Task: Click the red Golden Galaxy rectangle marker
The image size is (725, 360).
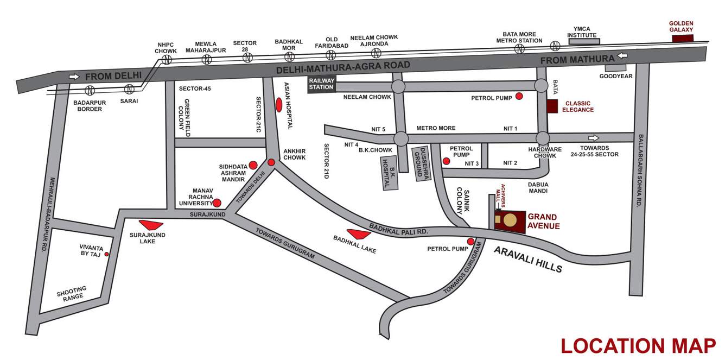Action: point(682,38)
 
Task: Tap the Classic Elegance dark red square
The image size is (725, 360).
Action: point(552,106)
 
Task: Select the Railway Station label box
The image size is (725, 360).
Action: point(322,84)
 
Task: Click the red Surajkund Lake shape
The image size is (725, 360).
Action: point(151,225)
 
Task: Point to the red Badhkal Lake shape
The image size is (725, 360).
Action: point(359,233)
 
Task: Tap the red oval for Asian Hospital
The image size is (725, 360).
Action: point(279,104)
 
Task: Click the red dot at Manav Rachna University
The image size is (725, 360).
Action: point(217,203)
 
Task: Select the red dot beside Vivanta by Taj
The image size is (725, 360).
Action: point(107,254)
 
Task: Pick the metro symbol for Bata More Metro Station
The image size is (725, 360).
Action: point(519,49)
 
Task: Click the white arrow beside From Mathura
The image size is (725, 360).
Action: point(622,56)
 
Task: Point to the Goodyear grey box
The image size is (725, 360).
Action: point(615,68)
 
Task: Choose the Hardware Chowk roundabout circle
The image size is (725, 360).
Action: point(542,138)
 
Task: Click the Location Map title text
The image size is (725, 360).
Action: point(638,346)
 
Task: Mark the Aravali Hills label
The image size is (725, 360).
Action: point(528,260)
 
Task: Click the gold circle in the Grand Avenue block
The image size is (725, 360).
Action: point(510,220)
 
